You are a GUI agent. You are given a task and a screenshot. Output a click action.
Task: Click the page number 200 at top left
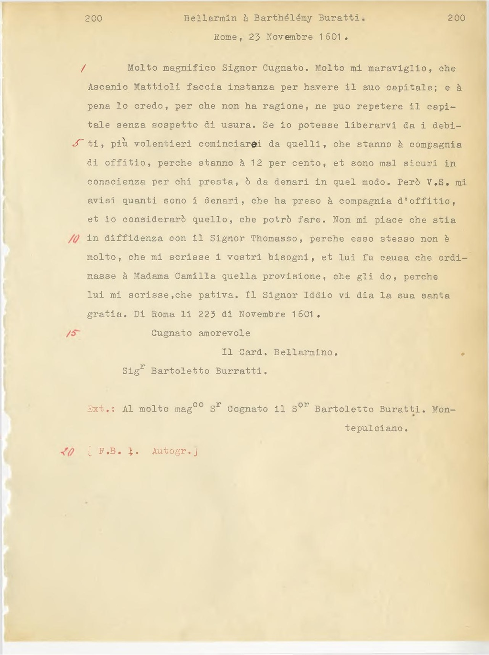tap(94, 18)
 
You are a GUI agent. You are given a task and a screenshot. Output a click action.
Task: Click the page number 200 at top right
tap(457, 18)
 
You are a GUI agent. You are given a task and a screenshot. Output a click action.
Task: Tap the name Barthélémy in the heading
tap(283, 18)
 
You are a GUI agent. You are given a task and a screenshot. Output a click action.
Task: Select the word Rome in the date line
tap(225, 37)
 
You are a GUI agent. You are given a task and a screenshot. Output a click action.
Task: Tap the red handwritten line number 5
tap(78, 143)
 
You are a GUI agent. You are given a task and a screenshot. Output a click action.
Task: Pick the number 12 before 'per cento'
tap(256, 163)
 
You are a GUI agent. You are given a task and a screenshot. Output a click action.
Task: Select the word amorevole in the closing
tap(224, 333)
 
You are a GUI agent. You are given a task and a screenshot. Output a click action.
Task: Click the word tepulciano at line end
tap(376, 428)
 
